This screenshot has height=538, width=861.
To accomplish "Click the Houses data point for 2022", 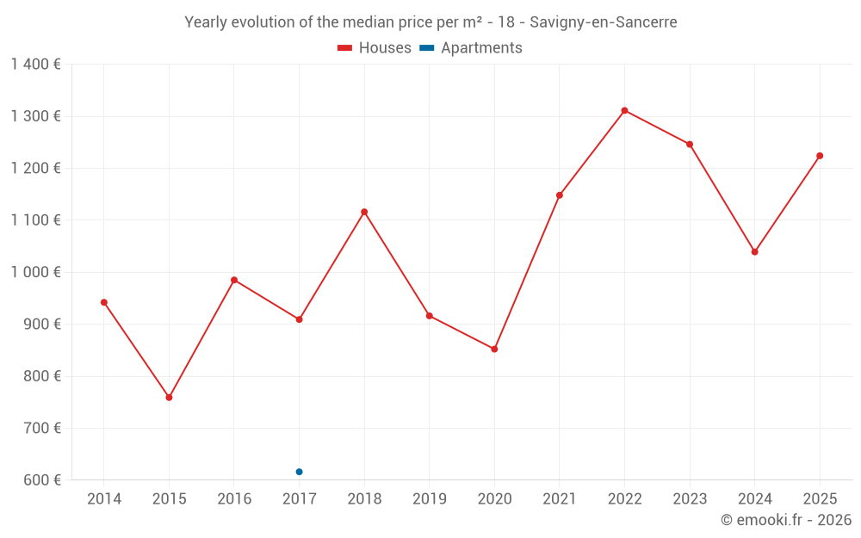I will click(x=624, y=110).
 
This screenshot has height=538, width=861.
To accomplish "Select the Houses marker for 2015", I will click(x=169, y=398).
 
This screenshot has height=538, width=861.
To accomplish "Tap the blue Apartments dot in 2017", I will click(x=299, y=472).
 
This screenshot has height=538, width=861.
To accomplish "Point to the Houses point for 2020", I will click(x=494, y=349).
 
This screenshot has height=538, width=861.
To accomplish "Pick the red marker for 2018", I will click(x=364, y=212).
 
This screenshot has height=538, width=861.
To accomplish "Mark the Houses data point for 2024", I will click(x=754, y=252).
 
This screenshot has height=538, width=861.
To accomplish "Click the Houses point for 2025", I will click(x=820, y=156).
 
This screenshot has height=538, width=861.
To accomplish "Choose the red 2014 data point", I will click(x=104, y=302).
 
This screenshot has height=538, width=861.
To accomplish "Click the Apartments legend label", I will click(x=481, y=48).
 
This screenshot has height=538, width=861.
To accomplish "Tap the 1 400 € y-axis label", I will click(x=35, y=65).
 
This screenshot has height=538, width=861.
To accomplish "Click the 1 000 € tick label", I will click(x=35, y=272).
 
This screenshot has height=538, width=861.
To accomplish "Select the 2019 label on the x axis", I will click(x=429, y=499).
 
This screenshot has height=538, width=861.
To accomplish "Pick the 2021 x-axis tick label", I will click(x=559, y=499).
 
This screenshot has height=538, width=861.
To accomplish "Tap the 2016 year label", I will click(x=234, y=499).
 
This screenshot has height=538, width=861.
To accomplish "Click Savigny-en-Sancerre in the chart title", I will click(x=604, y=22).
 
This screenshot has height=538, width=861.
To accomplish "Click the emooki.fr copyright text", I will click(x=786, y=520).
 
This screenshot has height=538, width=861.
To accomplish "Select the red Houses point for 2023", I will click(x=690, y=144).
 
